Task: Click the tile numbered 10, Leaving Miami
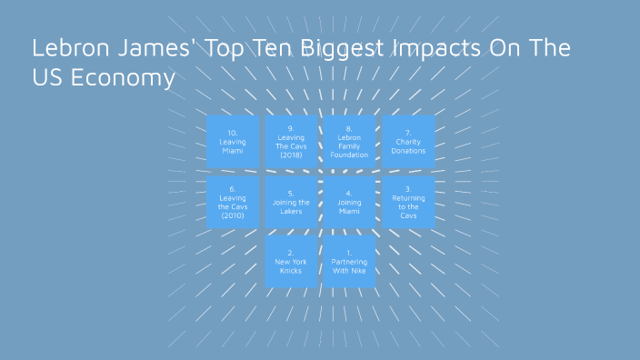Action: point(233,142)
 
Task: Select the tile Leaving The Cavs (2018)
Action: point(291,142)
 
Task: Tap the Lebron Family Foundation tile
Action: point(349,142)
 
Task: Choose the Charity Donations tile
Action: point(408,142)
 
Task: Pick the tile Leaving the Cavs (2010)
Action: point(233,202)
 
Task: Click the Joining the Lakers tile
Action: point(291,202)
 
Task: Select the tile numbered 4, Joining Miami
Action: point(349,202)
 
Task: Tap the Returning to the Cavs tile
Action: point(408,202)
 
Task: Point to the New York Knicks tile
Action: point(291,262)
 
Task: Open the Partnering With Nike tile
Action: point(349,262)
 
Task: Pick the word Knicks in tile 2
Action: point(291,271)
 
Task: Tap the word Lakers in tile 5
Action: point(291,211)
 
